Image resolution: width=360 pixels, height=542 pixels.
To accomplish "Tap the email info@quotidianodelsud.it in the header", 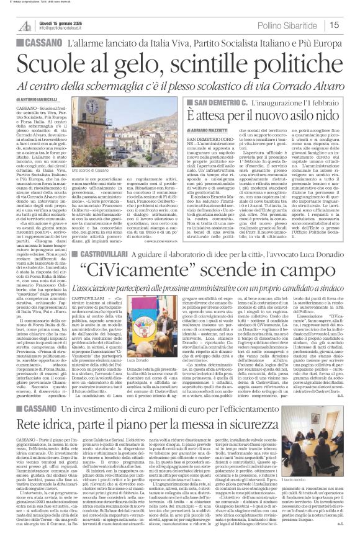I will [x=66, y=28].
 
